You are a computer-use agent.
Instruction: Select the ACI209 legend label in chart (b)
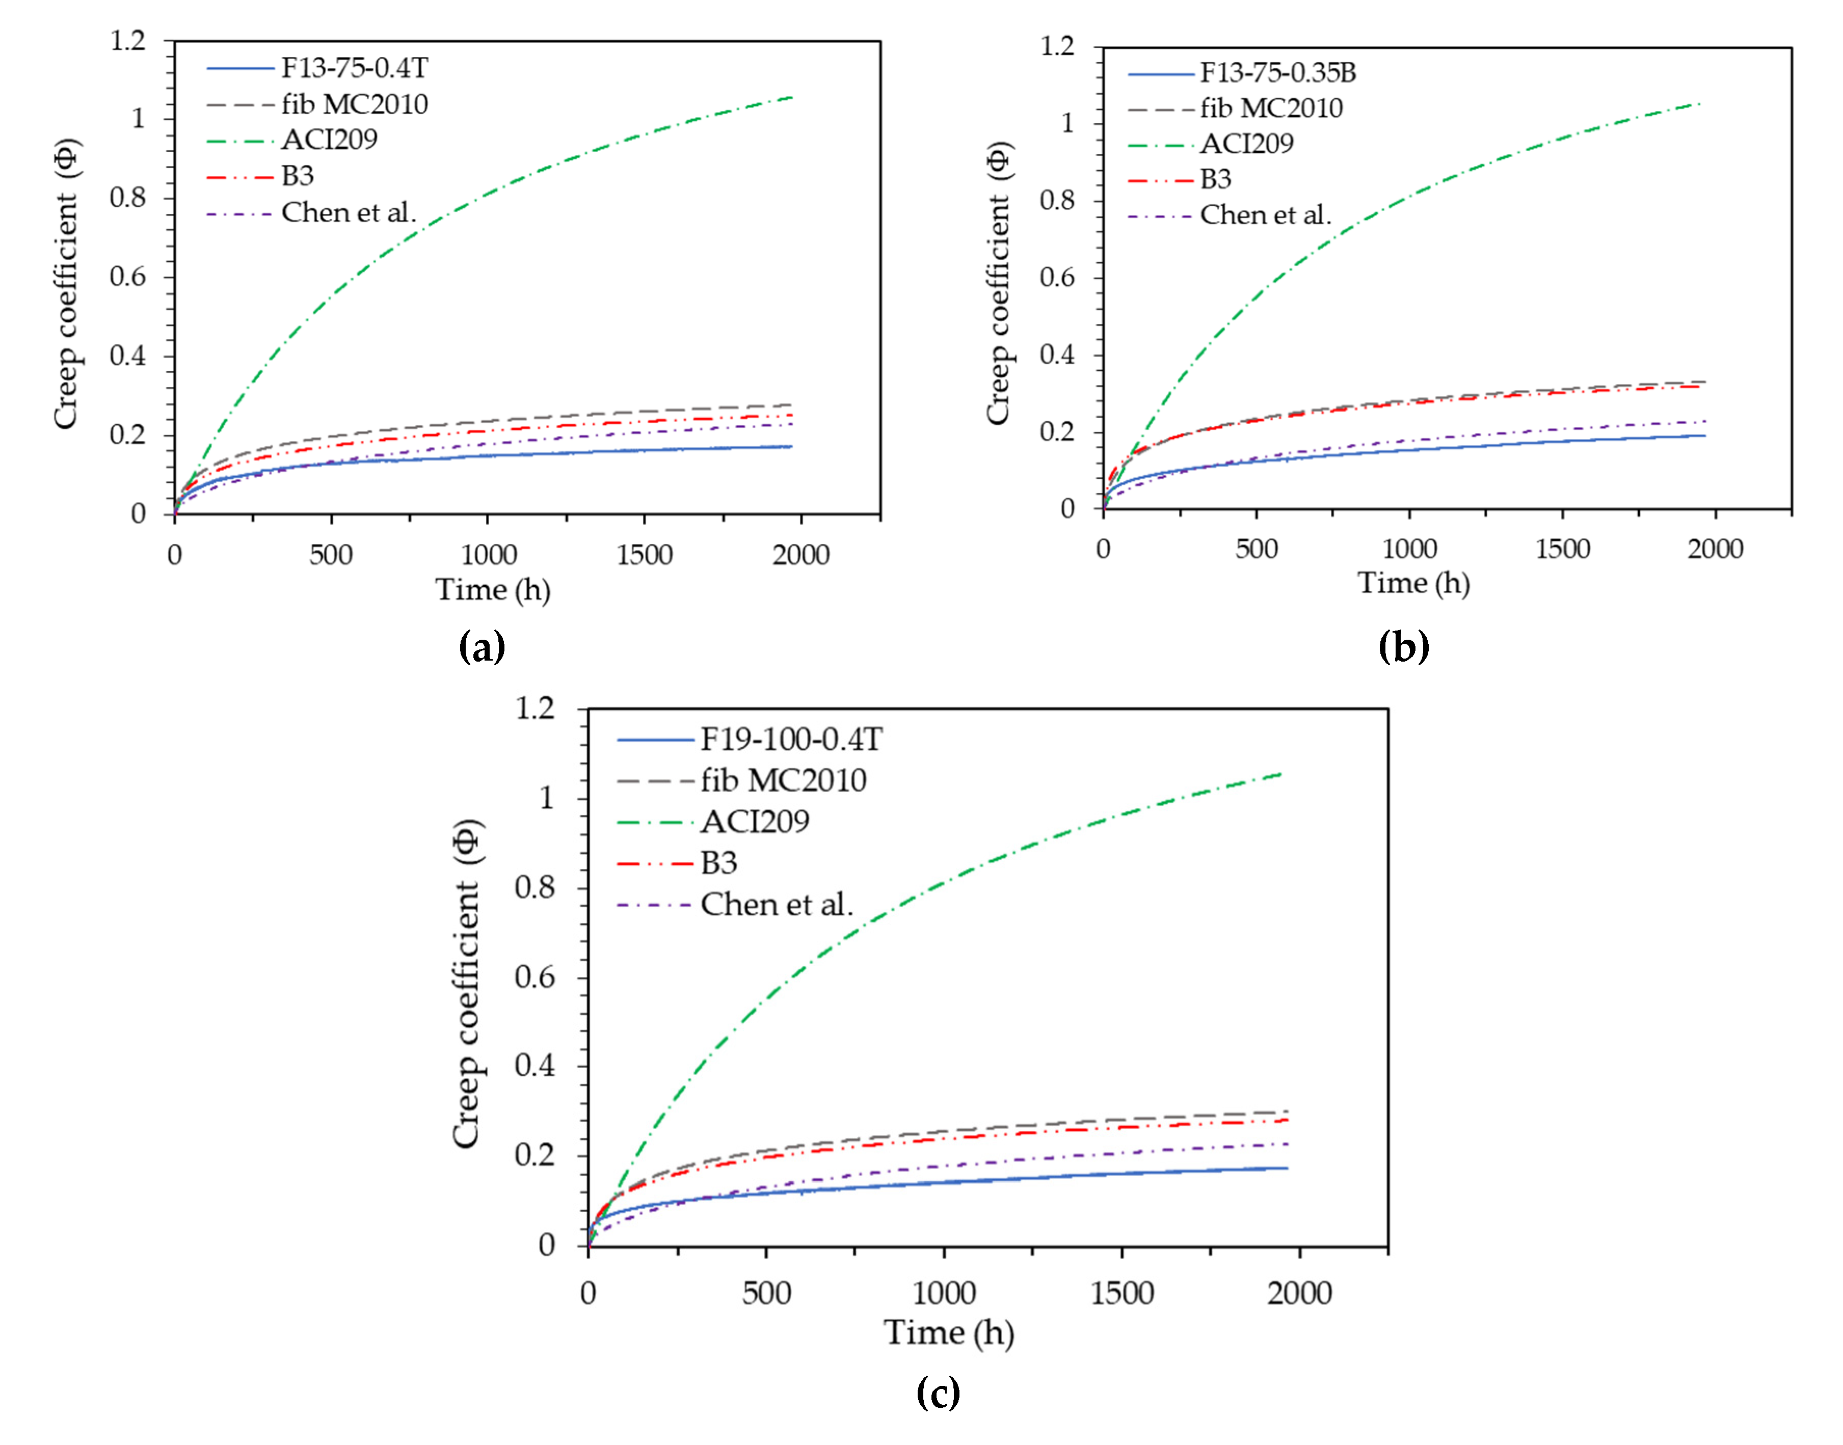tap(1246, 144)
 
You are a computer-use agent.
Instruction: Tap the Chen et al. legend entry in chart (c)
tap(776, 905)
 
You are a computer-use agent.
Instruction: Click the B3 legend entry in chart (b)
tap(1215, 179)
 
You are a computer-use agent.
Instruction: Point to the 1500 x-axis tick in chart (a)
tap(644, 555)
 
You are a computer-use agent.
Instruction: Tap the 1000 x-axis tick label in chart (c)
tap(944, 1293)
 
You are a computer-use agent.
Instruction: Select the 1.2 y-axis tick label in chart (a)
tap(128, 40)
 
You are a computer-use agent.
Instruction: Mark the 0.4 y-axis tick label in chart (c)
tap(535, 1065)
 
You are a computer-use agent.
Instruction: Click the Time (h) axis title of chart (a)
tap(493, 590)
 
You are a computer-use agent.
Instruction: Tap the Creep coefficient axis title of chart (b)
tap(999, 283)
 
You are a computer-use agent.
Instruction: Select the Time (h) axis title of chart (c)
tap(949, 1332)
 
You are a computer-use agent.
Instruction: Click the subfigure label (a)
tap(482, 647)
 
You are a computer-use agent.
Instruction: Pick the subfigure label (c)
tap(938, 1392)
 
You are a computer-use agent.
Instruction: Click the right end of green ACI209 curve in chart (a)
tap(791, 97)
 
